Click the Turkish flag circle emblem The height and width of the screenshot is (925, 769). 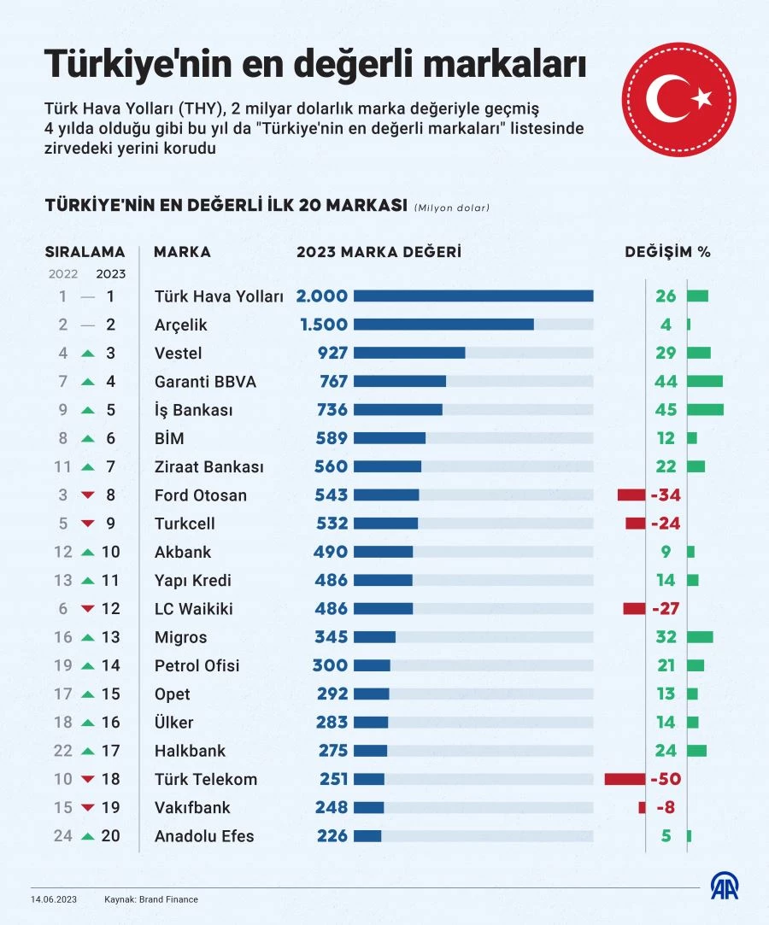[678, 100]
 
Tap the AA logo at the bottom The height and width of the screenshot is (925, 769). [725, 886]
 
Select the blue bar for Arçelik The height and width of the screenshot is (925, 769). [443, 325]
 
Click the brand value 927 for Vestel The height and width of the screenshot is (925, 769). [332, 353]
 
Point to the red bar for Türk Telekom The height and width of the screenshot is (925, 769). [625, 779]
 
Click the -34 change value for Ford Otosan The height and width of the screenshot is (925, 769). [665, 495]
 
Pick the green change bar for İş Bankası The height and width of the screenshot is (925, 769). [704, 410]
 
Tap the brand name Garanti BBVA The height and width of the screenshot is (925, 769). [205, 382]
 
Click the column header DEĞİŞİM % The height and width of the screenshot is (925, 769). [667, 252]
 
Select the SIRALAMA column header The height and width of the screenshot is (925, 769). [85, 252]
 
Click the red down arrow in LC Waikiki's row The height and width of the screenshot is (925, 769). [87, 609]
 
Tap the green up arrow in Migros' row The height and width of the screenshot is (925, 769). [87, 637]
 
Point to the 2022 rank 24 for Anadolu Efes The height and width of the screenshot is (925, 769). [63, 836]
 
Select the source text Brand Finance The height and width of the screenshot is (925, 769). [171, 899]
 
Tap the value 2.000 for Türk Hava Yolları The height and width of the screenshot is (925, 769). [322, 296]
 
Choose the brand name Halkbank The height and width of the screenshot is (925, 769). [190, 751]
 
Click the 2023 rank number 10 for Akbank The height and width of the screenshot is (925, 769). [111, 552]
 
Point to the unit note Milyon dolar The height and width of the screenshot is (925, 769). [452, 208]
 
